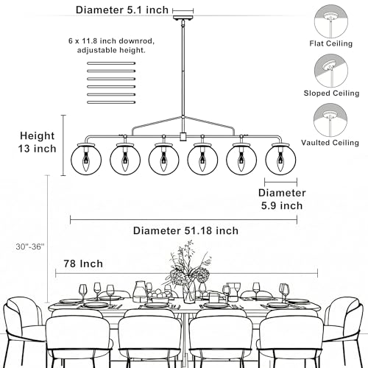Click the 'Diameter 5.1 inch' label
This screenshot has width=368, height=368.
(122, 10)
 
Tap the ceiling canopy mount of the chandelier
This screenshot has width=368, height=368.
(183, 18)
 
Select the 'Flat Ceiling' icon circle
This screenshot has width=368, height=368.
(331, 21)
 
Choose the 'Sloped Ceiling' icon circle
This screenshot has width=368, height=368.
(331, 71)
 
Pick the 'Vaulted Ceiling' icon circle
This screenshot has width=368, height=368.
(330, 120)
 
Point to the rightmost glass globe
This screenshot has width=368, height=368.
(280, 160)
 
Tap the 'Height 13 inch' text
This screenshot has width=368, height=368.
(38, 142)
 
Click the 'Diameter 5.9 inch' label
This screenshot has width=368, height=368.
(282, 199)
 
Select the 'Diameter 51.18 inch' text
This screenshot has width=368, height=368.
(185, 231)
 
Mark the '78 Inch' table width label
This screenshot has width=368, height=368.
(83, 263)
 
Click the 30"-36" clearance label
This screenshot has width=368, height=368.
(30, 247)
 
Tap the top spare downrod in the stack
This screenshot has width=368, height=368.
(111, 63)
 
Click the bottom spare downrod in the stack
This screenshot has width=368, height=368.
(111, 102)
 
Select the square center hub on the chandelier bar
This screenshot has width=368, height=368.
(183, 137)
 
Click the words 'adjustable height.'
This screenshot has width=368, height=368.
(111, 50)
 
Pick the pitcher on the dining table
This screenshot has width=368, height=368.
(141, 291)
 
